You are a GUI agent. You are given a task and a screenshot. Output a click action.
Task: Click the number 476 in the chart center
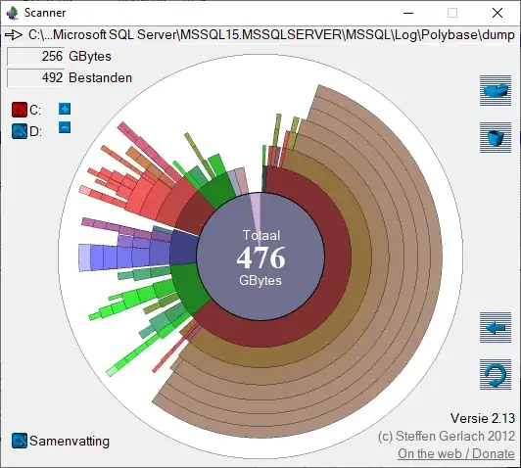pos(261,258)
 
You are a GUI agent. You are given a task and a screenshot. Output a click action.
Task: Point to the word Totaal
pos(261,236)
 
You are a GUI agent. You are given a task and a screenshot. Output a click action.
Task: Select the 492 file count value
pos(52,77)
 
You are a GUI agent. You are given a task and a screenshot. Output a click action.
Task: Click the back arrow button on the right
pos(496,327)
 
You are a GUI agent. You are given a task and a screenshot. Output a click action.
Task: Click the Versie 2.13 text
pos(481,418)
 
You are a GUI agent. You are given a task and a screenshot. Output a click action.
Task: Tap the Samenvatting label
pos(70,441)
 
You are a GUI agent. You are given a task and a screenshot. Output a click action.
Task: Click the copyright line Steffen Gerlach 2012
pos(446,436)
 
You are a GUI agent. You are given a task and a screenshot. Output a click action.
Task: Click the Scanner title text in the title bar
pos(48,13)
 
